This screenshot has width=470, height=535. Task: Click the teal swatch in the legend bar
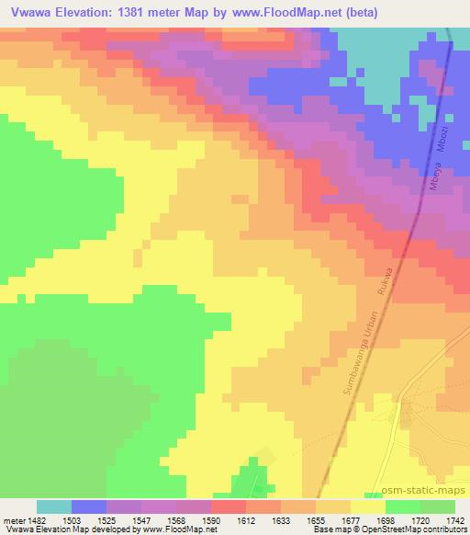pyautogui.click(x=54, y=507)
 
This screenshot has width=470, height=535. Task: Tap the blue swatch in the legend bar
pyautogui.click(x=89, y=507)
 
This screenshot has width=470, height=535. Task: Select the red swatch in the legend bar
pyautogui.click(x=228, y=507)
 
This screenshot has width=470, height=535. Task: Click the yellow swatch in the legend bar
pyautogui.click(x=367, y=507)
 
